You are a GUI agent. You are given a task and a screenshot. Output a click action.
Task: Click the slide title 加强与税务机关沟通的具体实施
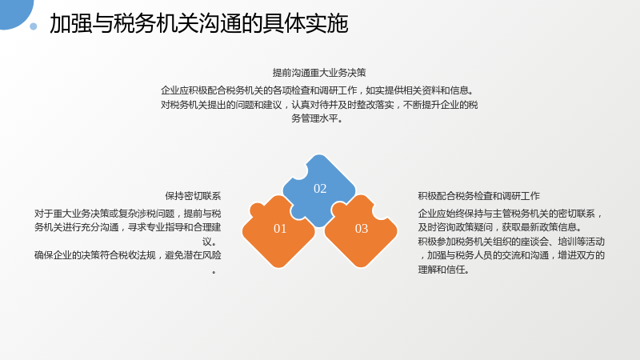pos(198,23)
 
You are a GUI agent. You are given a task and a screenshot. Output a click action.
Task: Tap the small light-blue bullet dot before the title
pos(34,26)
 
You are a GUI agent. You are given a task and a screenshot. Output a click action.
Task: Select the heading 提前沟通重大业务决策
pos(319,73)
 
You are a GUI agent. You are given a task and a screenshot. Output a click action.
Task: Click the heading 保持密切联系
pos(193,196)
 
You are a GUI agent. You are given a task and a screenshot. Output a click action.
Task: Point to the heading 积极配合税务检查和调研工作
pos(478,196)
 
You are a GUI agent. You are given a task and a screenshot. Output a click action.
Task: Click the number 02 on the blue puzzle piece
pos(320,189)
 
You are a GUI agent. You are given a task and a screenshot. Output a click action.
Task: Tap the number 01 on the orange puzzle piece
pos(280,229)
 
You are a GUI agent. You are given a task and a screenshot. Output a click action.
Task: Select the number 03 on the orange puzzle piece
pos(362,229)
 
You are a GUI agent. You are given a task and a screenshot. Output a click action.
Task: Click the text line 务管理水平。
pos(318,118)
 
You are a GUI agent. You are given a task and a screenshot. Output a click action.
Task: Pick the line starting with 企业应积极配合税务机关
pos(318,90)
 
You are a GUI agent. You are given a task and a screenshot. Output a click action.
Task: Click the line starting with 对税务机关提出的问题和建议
pos(319,105)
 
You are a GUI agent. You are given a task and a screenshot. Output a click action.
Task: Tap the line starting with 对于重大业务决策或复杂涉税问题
pos(128,214)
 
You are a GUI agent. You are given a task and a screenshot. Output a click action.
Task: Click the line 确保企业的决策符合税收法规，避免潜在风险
pos(128,255)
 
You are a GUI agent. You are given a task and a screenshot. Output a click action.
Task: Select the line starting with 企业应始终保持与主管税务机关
pos(510,214)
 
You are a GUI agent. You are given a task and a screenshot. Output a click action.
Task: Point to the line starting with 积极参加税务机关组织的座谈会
pos(511,242)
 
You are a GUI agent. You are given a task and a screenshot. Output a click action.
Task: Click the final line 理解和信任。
pos(444,270)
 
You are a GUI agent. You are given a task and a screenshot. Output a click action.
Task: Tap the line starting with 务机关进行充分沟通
pos(128,227)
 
